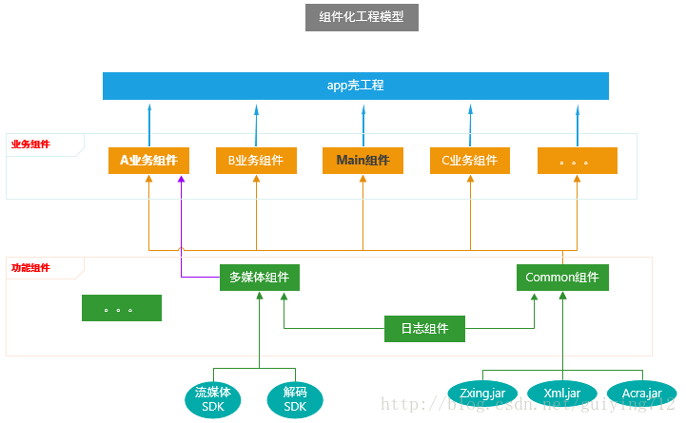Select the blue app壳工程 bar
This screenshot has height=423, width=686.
[x=355, y=86]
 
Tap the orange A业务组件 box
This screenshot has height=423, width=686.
[x=148, y=161]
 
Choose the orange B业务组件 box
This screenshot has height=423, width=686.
[x=256, y=161]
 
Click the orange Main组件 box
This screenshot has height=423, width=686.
[x=363, y=161]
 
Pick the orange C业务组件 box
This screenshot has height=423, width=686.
[x=469, y=161]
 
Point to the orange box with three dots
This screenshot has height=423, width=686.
[x=577, y=161]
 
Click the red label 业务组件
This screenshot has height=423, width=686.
[x=30, y=144]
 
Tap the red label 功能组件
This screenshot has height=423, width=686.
[x=30, y=268]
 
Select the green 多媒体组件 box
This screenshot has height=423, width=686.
[x=259, y=278]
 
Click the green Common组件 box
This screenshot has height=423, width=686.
[x=562, y=278]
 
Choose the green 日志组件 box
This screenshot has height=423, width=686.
[x=424, y=329]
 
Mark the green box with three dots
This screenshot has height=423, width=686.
[x=121, y=308]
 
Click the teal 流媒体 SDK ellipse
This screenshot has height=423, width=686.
[x=213, y=399]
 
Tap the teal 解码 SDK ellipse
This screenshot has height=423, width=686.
[x=295, y=399]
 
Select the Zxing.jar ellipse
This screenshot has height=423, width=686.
[x=482, y=393]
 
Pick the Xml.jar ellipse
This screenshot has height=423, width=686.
[x=562, y=393]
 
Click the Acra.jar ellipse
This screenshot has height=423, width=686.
[x=641, y=393]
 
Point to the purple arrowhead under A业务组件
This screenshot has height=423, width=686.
[x=181, y=181]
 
